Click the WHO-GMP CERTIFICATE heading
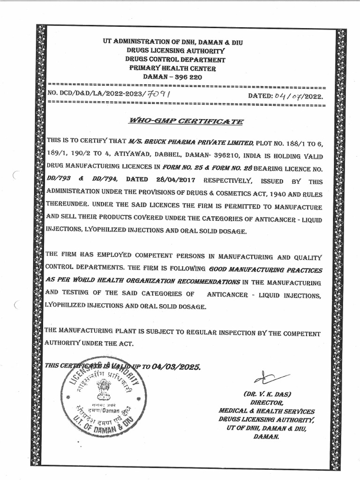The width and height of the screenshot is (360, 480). (x=186, y=121)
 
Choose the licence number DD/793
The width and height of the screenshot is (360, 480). (x=57, y=180)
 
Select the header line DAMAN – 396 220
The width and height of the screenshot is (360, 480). (x=172, y=77)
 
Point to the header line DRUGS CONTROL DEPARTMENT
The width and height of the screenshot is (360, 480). (x=174, y=60)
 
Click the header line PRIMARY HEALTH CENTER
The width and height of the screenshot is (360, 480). (x=172, y=68)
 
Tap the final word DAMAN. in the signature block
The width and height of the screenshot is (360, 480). (x=267, y=436)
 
